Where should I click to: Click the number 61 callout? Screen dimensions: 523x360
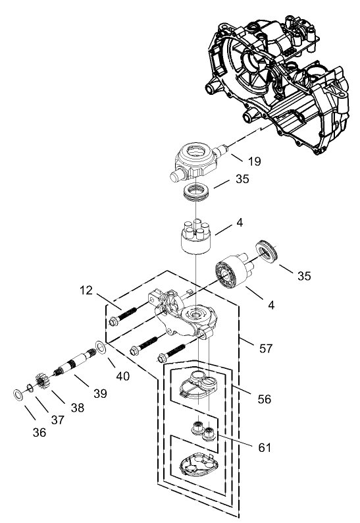click(x=263, y=449)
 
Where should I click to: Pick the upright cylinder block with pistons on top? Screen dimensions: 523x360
click(x=195, y=242)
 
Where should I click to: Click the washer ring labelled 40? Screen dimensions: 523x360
click(x=99, y=346)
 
